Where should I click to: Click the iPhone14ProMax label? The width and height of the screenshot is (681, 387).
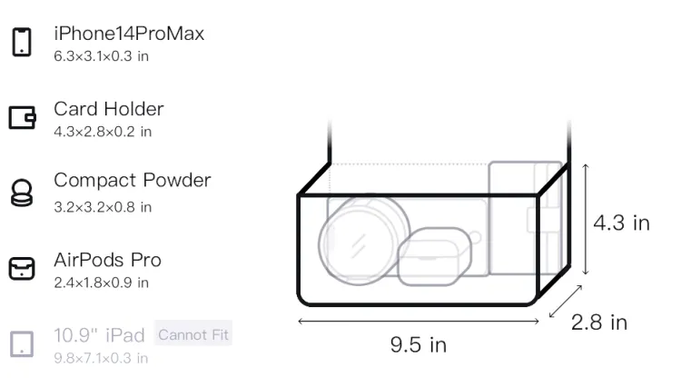[x=129, y=34]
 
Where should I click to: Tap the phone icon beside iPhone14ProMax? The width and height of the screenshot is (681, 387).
[x=22, y=42]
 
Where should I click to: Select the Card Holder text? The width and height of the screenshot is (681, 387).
[x=109, y=109]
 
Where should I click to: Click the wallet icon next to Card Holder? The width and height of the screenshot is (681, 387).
[x=22, y=118]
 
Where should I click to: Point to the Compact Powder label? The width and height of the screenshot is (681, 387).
[x=133, y=180]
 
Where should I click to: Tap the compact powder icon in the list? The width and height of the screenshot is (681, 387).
[x=21, y=193]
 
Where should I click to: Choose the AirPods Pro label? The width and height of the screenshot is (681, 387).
[x=108, y=260]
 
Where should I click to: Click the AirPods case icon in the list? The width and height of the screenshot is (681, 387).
[x=22, y=268]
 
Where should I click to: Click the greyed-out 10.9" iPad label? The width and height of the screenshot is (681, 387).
[x=99, y=335]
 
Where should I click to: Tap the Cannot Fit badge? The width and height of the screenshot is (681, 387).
[x=193, y=334]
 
